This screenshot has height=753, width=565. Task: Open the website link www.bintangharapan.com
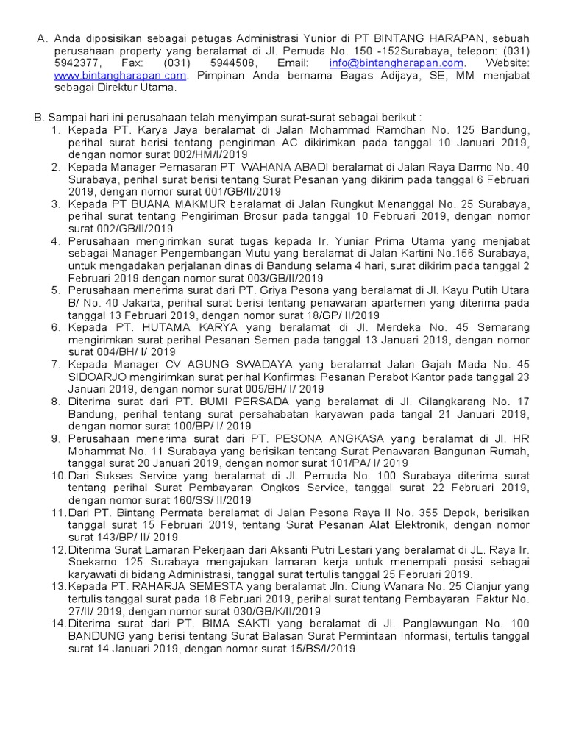121,75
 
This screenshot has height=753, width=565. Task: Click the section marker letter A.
41,39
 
